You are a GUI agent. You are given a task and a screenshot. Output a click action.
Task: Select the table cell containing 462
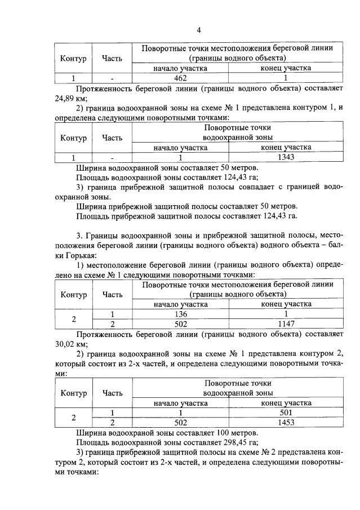(180, 78)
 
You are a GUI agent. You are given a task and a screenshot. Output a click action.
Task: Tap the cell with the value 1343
(286, 158)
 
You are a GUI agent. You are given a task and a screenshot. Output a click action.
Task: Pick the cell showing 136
(180, 314)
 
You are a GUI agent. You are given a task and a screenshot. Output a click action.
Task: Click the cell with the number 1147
(286, 323)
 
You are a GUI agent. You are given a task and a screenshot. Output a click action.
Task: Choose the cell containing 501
(286, 413)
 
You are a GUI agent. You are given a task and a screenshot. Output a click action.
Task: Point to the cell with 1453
(286, 422)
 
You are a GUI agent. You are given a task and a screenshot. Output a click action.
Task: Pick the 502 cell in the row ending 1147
(180, 323)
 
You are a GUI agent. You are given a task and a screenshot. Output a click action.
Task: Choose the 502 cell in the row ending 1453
(180, 422)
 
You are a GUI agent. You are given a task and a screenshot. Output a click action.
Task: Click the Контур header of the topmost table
(73, 58)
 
